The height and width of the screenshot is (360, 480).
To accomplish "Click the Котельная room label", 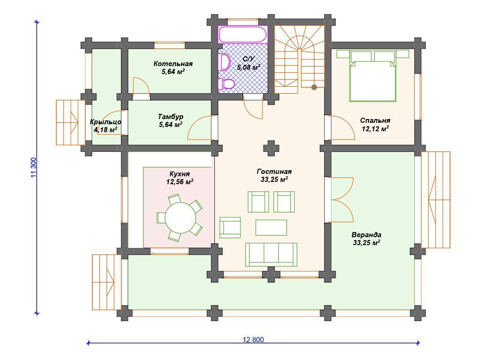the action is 173,64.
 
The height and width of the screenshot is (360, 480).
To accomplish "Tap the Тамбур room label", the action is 171,117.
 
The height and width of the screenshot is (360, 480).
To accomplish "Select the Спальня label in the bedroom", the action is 375,120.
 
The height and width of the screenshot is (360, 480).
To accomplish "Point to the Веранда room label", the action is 367,235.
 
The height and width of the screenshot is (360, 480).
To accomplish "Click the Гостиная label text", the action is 274,172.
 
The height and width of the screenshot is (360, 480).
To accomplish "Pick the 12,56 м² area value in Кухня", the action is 180,182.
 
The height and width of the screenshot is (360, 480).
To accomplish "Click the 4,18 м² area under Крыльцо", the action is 105,129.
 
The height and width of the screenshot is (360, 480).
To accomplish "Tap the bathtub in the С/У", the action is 243,34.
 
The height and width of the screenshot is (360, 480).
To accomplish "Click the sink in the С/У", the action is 225,62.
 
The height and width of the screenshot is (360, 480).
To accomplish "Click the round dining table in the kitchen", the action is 180,218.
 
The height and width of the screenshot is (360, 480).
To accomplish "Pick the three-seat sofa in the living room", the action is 271,255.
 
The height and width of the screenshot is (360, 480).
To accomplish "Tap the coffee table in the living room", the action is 271,227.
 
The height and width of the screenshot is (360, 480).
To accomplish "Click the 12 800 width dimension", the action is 253,340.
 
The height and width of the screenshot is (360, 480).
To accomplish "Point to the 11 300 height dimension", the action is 34,167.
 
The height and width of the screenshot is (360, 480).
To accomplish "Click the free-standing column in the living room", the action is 271,149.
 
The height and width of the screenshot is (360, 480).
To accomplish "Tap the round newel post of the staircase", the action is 314,87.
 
